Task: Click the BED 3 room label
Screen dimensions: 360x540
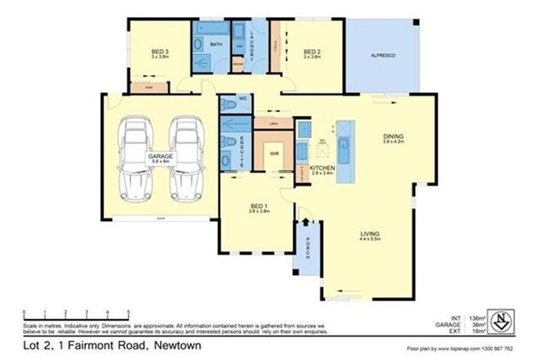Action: (x=160, y=53)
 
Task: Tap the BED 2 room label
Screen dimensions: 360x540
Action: (x=312, y=53)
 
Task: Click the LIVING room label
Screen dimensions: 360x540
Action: (x=371, y=237)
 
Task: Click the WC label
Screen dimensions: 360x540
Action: (x=242, y=99)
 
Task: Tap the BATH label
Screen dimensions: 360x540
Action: (x=217, y=44)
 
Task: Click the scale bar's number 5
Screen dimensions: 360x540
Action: (x=128, y=313)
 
